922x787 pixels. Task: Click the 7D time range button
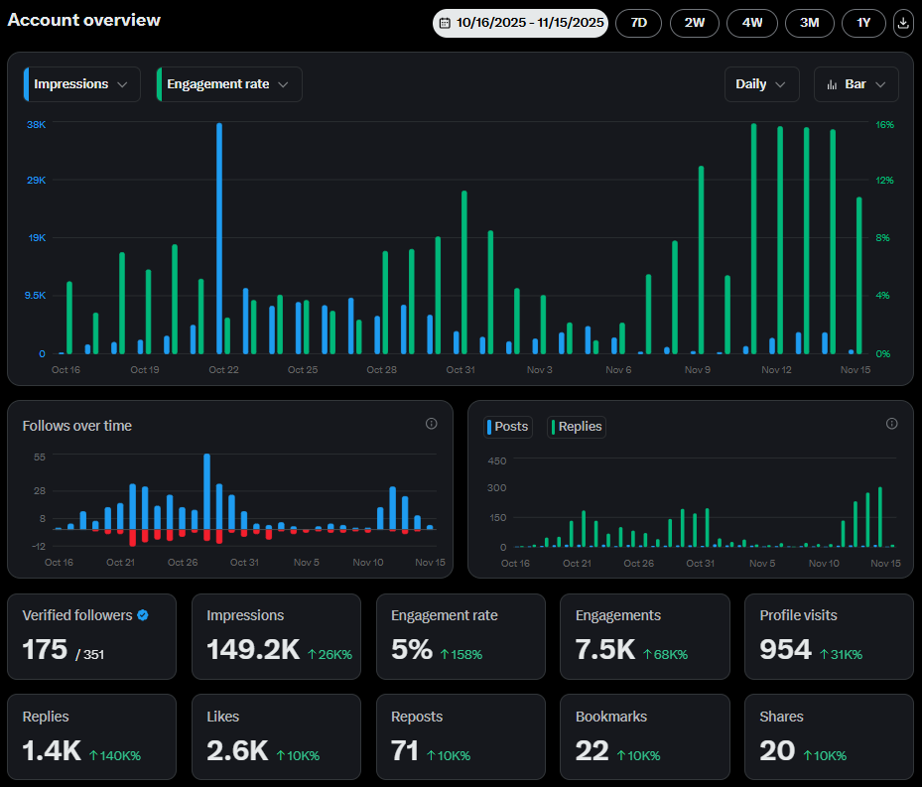pyautogui.click(x=638, y=23)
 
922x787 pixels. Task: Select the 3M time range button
pyautogui.click(x=810, y=23)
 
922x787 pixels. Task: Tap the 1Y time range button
pyautogui.click(x=863, y=23)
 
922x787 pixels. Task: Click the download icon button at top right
pyautogui.click(x=903, y=23)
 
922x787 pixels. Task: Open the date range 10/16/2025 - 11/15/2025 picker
pyautogui.click(x=520, y=23)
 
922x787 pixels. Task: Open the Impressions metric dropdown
pyautogui.click(x=81, y=84)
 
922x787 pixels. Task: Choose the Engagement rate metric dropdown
pyautogui.click(x=228, y=84)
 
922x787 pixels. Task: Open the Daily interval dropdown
pyautogui.click(x=761, y=84)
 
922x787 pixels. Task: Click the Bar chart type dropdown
pyautogui.click(x=856, y=84)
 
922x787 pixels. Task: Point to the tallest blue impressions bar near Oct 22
pyautogui.click(x=219, y=238)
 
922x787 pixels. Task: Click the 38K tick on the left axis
pyautogui.click(x=36, y=125)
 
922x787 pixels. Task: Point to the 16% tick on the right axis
pyautogui.click(x=885, y=125)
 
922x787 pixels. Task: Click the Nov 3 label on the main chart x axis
pyautogui.click(x=540, y=369)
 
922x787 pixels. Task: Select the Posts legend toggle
pyautogui.click(x=509, y=427)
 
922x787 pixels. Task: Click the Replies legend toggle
pyautogui.click(x=576, y=427)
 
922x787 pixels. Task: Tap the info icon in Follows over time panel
pyautogui.click(x=432, y=424)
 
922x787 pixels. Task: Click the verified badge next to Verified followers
pyautogui.click(x=143, y=615)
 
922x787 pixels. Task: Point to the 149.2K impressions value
pyautogui.click(x=252, y=650)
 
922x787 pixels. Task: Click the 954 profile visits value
pyautogui.click(x=785, y=650)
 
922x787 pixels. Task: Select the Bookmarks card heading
pyautogui.click(x=611, y=717)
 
